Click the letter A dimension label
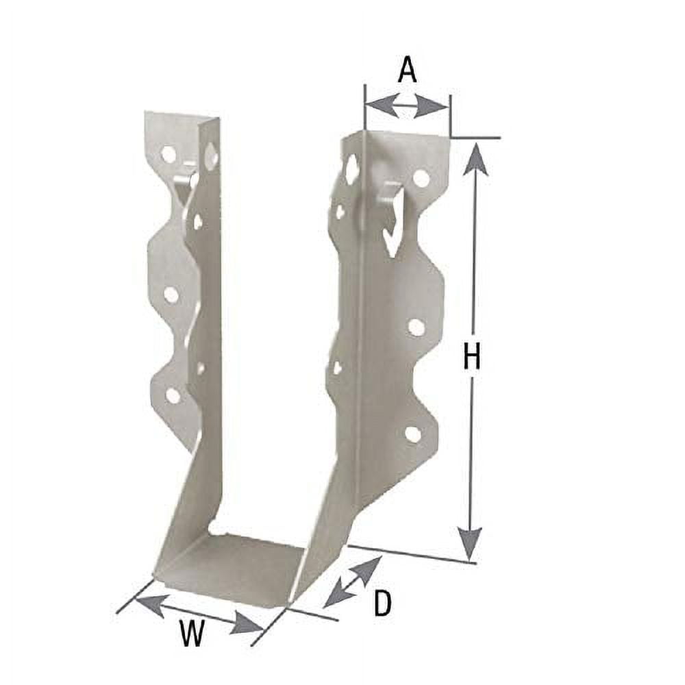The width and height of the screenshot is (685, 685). coord(408,70)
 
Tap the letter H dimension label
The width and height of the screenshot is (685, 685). coord(471,357)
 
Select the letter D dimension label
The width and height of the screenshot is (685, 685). coord(382,603)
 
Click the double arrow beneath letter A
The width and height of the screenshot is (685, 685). coord(408,105)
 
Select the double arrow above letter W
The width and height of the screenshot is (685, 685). coord(199,614)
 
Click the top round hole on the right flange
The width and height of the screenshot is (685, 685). coord(421,179)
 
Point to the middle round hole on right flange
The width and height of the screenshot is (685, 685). coord(416,327)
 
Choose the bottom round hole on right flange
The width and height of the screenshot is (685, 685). coord(412,434)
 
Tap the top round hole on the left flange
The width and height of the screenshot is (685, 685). coord(169,154)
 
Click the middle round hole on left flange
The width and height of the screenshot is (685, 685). coord(171,295)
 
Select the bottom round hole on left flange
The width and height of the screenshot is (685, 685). coord(173,395)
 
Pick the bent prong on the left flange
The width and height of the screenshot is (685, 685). coord(184,185)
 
